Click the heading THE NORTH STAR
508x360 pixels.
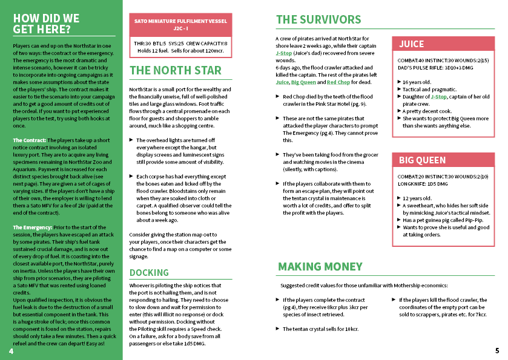tap(176, 71)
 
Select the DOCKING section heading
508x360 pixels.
tap(149, 273)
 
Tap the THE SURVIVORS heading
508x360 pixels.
tap(318, 20)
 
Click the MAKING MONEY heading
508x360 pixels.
tap(320, 267)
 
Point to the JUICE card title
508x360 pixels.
tap(412, 44)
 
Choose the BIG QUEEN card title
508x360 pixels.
tap(422, 160)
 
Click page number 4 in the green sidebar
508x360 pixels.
tap(12, 351)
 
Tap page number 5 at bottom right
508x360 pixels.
tap(496, 351)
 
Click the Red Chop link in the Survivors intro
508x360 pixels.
tap(338, 82)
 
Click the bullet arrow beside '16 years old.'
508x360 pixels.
tap(399, 82)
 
